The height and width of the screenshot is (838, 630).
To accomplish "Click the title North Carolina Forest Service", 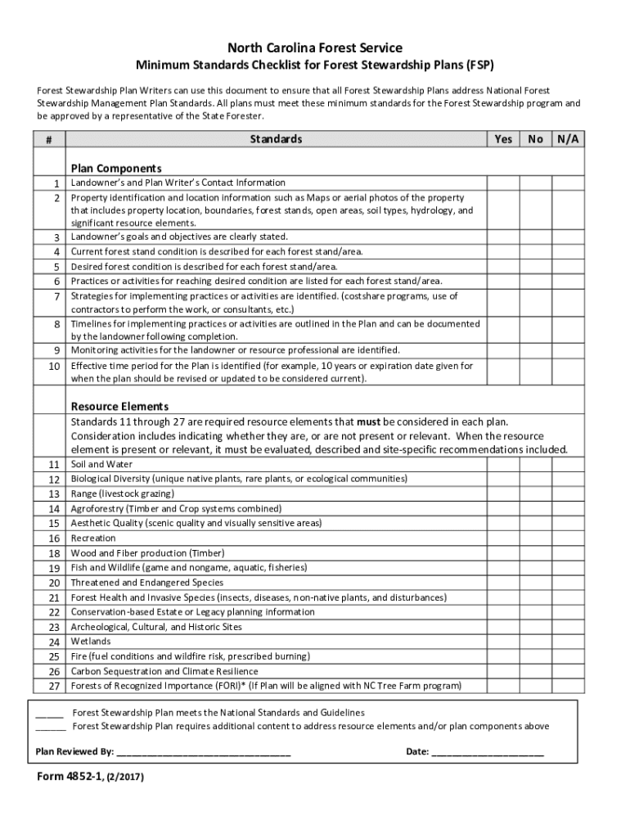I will pos(314,48).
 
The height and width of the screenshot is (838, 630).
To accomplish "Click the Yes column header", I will pos(503,139).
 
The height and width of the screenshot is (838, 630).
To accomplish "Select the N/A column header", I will pos(568,139).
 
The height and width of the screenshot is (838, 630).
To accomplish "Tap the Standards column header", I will pos(276,139).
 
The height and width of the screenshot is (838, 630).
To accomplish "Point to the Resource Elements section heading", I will pos(119,406).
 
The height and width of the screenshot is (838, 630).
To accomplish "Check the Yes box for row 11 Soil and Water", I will pos(503,464).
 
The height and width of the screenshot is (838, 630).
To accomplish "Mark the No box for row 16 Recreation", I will pos(535,538).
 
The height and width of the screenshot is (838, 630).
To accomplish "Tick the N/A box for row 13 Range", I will pos(568,493).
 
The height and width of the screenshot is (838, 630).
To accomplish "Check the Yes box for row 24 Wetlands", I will pos(503,642).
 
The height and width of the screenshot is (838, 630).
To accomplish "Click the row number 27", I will pos(54,686).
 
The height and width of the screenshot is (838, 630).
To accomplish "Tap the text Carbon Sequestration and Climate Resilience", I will pos(164,671).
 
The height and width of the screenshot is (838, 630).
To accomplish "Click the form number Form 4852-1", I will pos(70,777).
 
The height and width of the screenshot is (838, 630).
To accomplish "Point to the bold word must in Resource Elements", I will pos(368,422).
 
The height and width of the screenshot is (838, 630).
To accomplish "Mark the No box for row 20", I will pos(535,583).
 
